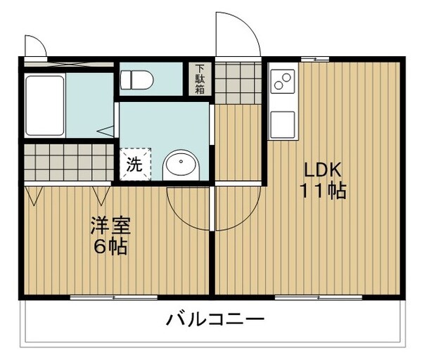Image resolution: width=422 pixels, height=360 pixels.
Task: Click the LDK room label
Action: (322, 170)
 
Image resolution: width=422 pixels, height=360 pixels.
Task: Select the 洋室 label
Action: (110, 227)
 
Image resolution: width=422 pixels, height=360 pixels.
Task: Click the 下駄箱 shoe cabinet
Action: (200, 79)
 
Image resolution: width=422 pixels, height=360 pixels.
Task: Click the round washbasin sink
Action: (182, 167)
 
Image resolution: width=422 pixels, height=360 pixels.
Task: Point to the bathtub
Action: (45, 105)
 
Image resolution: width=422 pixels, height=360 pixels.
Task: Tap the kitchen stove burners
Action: (283, 82)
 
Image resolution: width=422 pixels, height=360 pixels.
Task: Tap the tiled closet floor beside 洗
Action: (68, 161)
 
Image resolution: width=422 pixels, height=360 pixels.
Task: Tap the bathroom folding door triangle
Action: (106, 130)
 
